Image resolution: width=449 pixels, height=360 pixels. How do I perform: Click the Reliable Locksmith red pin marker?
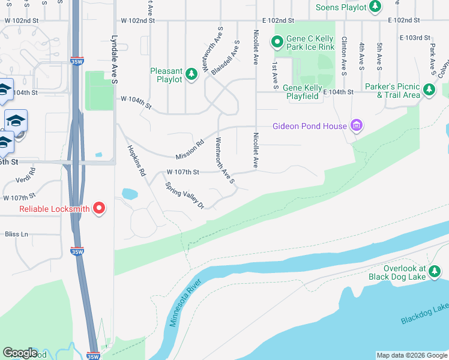[98, 209]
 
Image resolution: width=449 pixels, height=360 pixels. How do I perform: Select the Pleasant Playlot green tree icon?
[191, 74]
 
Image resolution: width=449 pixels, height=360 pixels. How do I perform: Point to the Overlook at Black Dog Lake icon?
[435, 273]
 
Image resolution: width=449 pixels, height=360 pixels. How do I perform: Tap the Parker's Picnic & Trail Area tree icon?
[429, 90]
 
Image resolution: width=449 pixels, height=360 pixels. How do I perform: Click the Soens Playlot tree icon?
[375, 7]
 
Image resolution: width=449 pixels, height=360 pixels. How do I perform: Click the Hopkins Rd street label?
[136, 161]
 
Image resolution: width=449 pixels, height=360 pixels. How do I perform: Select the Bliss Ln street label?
[17, 234]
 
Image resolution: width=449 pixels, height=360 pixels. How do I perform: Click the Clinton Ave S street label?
[344, 56]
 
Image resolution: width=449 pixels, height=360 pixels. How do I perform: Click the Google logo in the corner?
[20, 353]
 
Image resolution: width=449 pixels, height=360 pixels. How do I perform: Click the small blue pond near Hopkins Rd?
[129, 194]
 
